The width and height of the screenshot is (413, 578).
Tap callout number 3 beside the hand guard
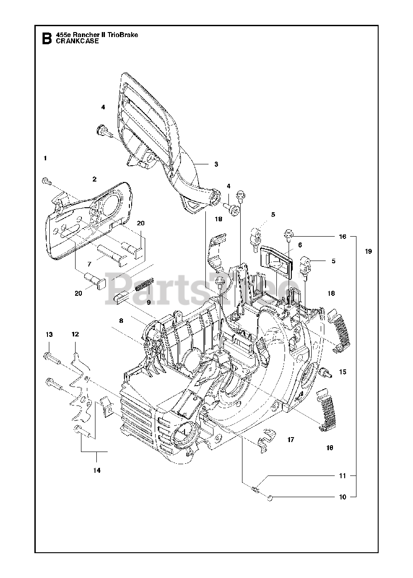coord(216,164)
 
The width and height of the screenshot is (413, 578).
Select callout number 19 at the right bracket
coord(369,252)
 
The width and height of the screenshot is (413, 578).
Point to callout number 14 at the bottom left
coord(96,470)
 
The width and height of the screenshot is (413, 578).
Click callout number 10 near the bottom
coord(342,497)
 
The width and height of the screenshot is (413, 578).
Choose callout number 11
coord(342,475)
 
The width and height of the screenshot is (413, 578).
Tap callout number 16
coord(342,236)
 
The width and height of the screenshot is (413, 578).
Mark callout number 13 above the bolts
coord(49,335)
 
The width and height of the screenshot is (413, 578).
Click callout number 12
coord(75,335)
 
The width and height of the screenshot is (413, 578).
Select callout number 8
coord(121,321)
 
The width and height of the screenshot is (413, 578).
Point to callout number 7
coord(89,263)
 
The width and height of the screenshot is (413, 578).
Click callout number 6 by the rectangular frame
coord(299,244)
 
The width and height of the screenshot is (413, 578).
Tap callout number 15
coord(342,372)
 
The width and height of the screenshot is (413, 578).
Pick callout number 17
coord(290,439)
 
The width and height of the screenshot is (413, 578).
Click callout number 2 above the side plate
coord(95,179)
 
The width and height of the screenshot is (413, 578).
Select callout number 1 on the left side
coord(45,158)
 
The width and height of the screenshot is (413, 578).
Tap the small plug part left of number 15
coord(324,373)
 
